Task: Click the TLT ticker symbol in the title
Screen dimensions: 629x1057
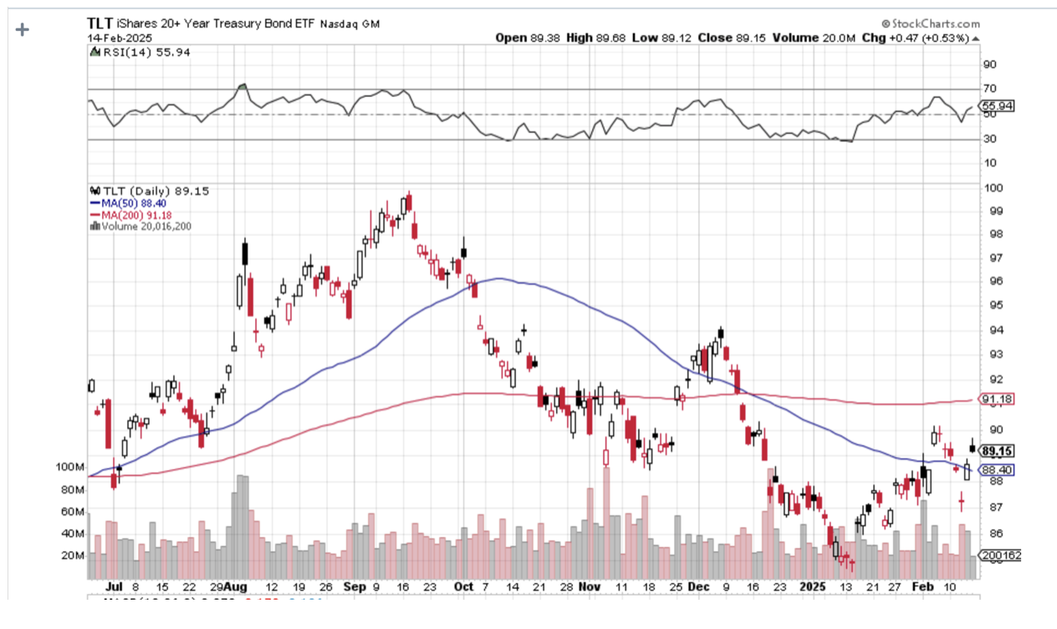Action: click(x=100, y=23)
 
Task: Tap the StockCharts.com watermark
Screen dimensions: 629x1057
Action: click(x=929, y=24)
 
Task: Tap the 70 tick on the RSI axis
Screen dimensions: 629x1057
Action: click(x=988, y=89)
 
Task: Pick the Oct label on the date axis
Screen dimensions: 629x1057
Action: click(x=462, y=587)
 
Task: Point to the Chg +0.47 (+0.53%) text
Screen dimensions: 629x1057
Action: click(x=927, y=38)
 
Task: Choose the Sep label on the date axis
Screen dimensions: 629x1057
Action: click(x=355, y=587)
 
